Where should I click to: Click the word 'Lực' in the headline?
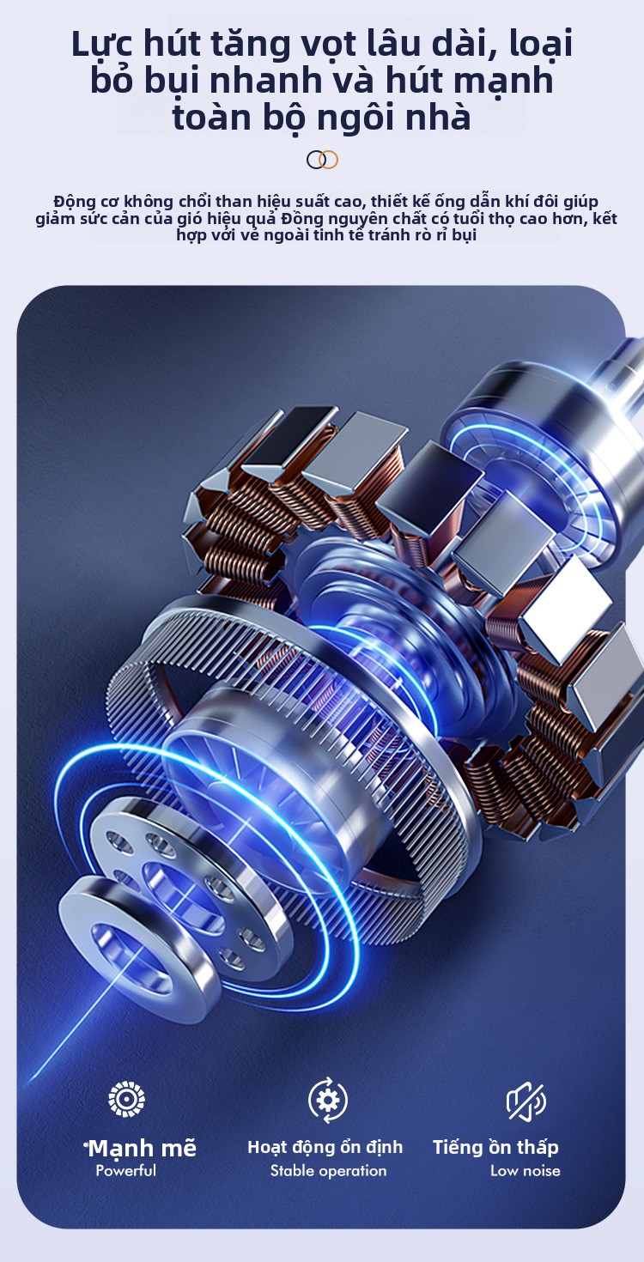point(103,46)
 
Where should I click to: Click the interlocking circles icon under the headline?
point(322,160)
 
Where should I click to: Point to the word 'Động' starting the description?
point(73,202)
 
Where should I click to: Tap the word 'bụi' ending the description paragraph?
point(464,235)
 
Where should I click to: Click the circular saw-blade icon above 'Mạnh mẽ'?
point(126,1099)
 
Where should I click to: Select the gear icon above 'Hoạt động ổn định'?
point(328,1100)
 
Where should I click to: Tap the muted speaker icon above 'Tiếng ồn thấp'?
point(526,1101)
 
